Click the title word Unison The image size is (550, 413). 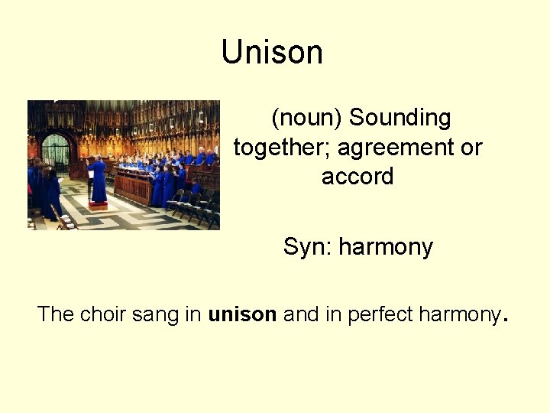(x=272, y=53)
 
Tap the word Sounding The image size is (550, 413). (x=400, y=118)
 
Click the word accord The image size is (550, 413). (x=357, y=177)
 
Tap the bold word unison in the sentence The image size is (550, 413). (x=242, y=314)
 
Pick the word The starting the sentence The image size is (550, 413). (x=55, y=314)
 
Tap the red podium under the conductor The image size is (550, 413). (x=98, y=205)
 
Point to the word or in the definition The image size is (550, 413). (x=471, y=148)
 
